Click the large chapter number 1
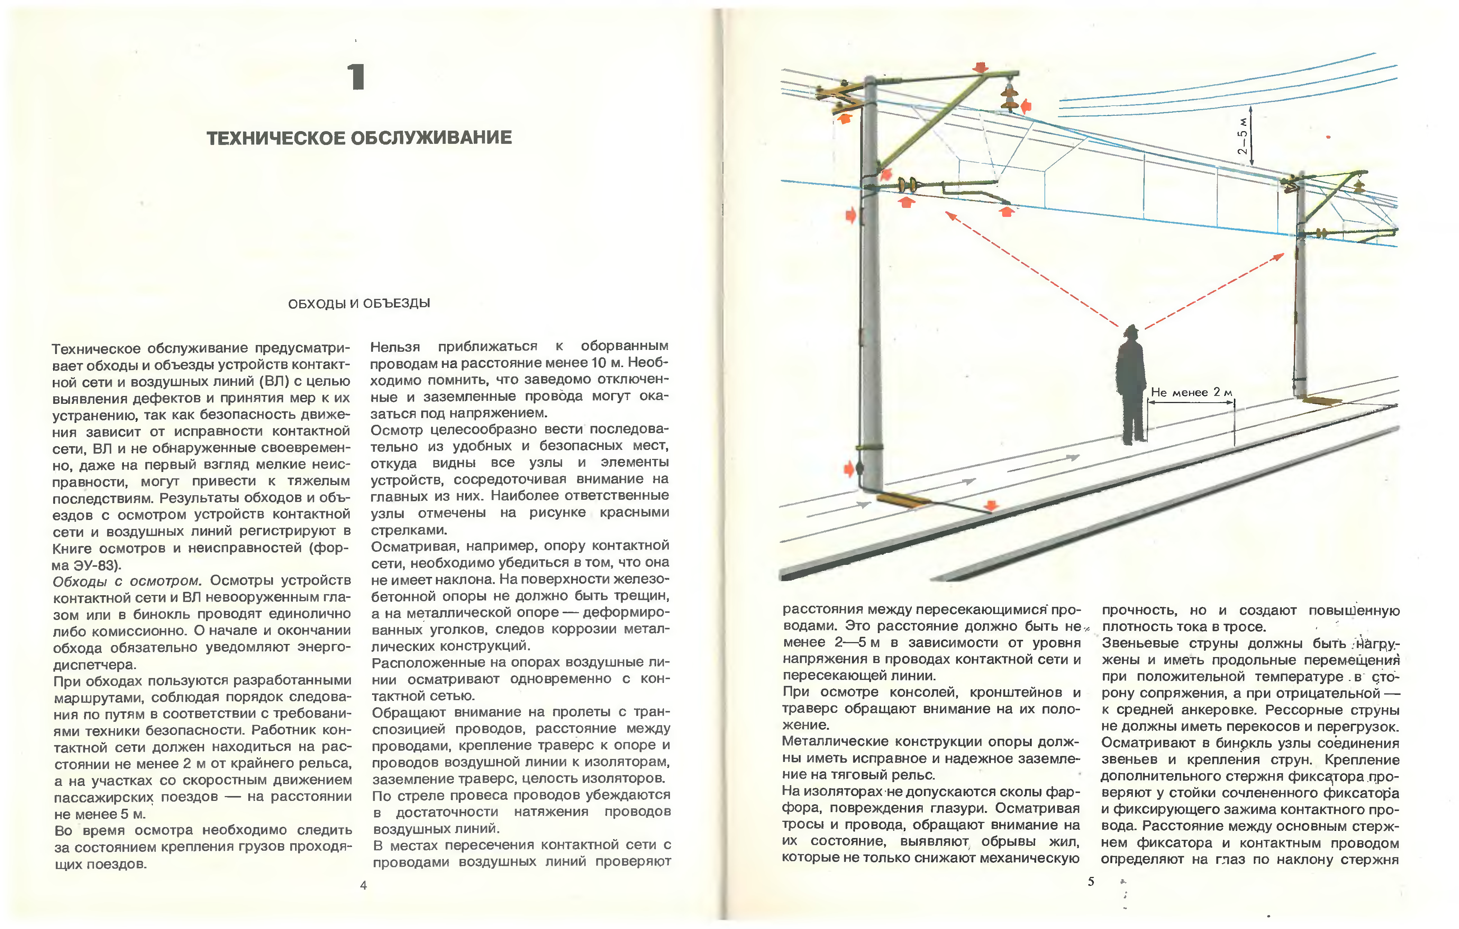point(356,78)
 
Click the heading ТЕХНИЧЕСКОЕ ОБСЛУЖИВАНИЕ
point(359,138)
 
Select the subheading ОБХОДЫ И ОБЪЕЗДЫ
point(359,303)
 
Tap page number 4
point(364,886)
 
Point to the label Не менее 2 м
point(1191,393)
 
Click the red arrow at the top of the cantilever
point(980,67)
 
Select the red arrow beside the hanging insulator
point(1026,107)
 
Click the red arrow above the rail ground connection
point(991,505)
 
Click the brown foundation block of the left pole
point(903,500)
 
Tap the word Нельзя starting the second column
point(395,347)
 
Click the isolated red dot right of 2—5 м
point(1328,137)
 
